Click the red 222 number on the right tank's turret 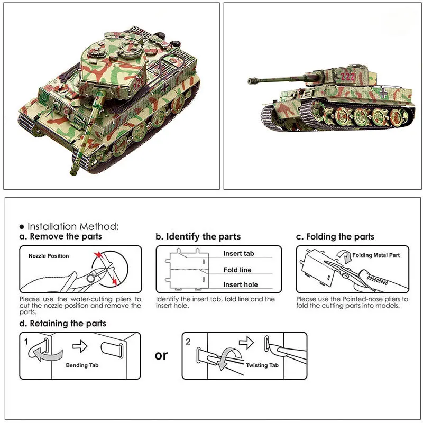tap(347, 76)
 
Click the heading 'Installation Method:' tap(73, 226)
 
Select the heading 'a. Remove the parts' tap(61, 236)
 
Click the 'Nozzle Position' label tap(49, 256)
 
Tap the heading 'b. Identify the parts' tap(198, 236)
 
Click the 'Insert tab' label tap(238, 253)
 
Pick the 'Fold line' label tap(237, 270)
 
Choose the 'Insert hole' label tap(241, 284)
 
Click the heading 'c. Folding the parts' tap(335, 236)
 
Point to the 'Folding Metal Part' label tap(375, 255)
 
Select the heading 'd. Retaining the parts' tap(63, 323)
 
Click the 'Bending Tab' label tap(82, 365)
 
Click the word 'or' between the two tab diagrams tap(161, 355)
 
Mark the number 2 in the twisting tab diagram tap(189, 342)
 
